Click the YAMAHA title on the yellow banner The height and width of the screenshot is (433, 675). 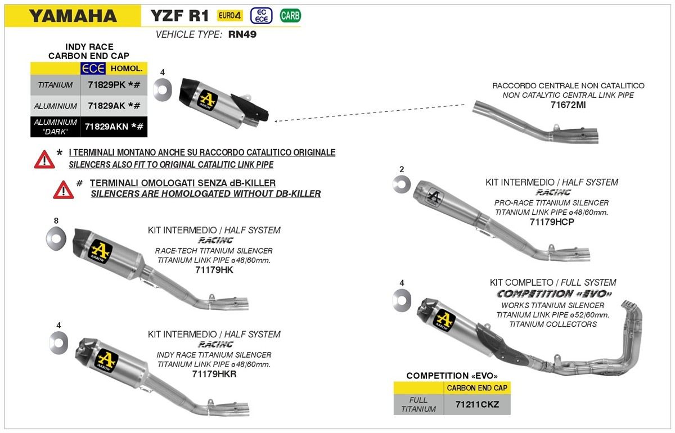(73, 16)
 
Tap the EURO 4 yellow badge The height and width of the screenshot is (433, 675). (230, 16)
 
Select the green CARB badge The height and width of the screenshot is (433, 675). (290, 16)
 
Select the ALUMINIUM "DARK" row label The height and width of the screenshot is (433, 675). (55, 127)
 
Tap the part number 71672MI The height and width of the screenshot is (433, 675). (568, 105)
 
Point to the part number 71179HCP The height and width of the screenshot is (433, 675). (551, 222)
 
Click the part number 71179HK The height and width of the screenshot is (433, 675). (213, 270)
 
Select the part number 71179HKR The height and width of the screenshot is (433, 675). (214, 374)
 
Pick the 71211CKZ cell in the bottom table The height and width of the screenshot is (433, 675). (477, 404)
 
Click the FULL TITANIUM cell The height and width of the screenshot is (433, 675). (418, 404)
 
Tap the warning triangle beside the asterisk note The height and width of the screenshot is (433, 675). (44, 160)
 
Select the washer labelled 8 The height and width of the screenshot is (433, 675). (56, 236)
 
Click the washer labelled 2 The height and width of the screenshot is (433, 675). (402, 184)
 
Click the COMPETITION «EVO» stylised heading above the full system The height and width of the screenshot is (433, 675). (554, 294)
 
